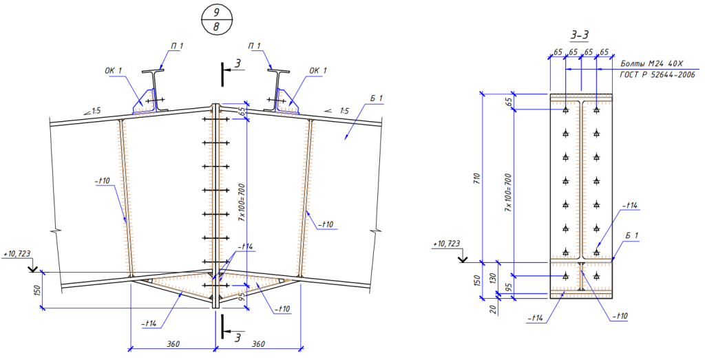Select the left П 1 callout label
(177, 46)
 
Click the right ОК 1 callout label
(317, 70)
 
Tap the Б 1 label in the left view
(376, 99)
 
